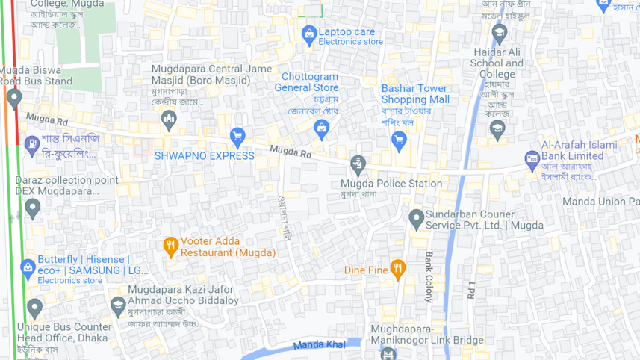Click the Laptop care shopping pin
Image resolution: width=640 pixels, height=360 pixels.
309,34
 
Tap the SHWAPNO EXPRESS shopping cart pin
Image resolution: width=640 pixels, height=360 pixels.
237,137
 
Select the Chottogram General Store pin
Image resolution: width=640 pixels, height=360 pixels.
321,128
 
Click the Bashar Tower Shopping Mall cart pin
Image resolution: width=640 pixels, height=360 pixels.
399,139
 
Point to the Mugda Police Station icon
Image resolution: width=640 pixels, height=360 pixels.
358,165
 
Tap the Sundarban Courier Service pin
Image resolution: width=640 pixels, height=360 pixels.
417,218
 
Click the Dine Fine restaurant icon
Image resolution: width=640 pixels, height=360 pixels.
397,269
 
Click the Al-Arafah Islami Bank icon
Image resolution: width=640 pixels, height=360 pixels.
532,158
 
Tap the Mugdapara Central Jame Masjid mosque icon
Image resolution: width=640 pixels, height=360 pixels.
169,119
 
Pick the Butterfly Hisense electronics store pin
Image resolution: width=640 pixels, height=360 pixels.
28,267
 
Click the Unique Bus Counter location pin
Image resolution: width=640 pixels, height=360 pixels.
34,307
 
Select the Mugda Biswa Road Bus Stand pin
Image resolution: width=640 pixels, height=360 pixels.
13,98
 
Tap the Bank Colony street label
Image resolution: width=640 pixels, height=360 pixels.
429,276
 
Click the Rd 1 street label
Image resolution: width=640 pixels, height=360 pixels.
471,289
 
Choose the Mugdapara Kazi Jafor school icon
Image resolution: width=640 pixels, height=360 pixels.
118,305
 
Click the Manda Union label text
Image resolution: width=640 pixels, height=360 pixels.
600,202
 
